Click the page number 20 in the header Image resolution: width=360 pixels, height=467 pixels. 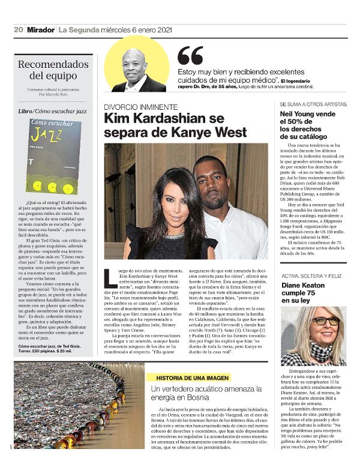pyautogui.click(x=18, y=29)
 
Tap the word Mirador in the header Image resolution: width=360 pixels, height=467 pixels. pyautogui.click(x=40, y=29)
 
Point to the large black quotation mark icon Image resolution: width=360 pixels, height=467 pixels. pyautogui.click(x=190, y=56)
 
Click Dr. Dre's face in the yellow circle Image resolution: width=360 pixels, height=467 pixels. pyautogui.click(x=138, y=62)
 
